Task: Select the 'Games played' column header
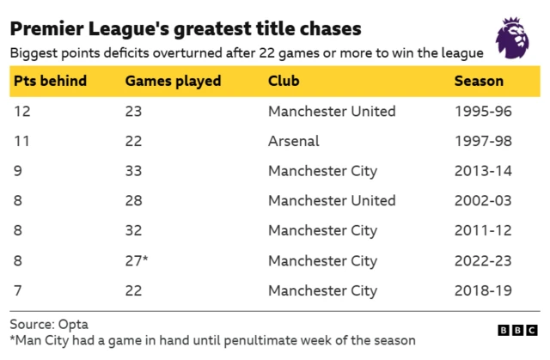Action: click(173, 82)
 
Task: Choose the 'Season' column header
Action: click(479, 82)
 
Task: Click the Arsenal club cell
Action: click(293, 141)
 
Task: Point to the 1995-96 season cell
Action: click(483, 111)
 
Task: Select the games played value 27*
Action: click(137, 260)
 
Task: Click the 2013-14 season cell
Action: click(483, 171)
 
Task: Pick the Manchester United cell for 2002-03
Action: click(332, 200)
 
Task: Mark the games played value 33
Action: click(133, 171)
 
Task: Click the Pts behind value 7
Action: click(17, 290)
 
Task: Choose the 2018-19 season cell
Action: click(483, 290)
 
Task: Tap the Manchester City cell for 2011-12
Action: click(322, 230)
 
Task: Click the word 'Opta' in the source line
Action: click(72, 325)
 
